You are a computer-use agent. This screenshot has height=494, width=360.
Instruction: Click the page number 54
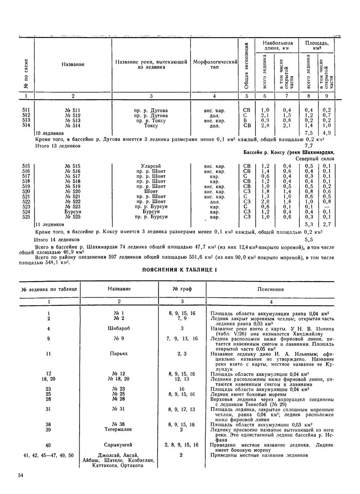[20, 475]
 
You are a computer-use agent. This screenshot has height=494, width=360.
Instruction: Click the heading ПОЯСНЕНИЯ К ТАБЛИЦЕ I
[179, 269]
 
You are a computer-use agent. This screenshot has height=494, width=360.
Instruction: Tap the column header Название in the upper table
[73, 65]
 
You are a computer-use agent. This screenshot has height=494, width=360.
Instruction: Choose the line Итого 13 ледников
[60, 146]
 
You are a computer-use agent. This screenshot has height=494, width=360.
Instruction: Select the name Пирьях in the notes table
[119, 354]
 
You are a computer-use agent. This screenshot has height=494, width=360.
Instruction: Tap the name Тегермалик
[119, 430]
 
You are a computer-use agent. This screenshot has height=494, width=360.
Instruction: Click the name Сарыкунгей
[119, 445]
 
